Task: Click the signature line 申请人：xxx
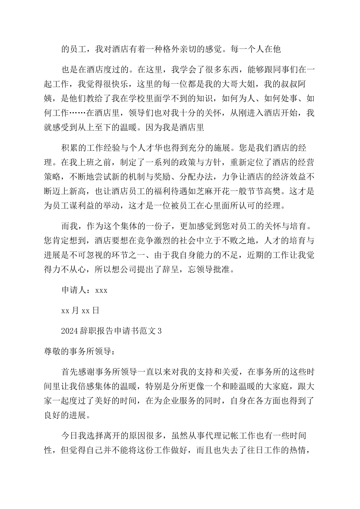(84, 290)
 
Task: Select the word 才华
(188, 147)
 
